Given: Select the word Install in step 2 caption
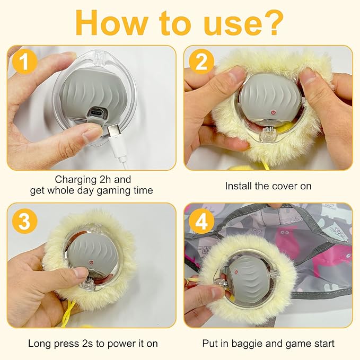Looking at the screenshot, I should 239,186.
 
